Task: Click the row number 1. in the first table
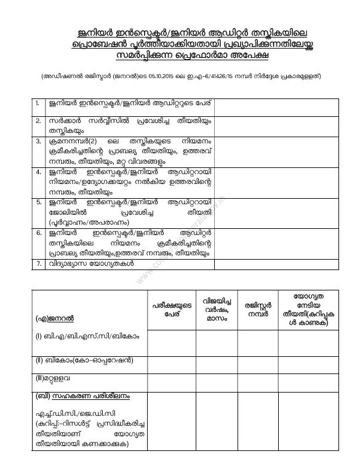(38, 102)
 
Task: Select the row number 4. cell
(38, 172)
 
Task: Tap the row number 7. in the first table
(38, 264)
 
